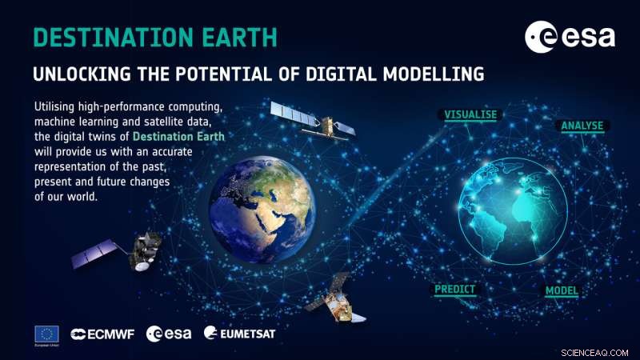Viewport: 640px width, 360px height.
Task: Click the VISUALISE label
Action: click(470, 114)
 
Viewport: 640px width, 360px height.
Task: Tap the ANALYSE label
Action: click(582, 126)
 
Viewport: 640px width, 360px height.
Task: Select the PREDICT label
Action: click(454, 289)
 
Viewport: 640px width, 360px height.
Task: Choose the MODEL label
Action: click(562, 290)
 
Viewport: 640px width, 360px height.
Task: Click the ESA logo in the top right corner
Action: click(569, 37)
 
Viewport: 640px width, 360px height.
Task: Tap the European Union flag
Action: click(46, 333)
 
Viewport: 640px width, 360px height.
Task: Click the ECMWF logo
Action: click(102, 333)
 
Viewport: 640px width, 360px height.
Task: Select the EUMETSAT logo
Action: click(239, 333)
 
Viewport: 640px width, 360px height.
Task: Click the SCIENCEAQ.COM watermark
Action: click(602, 350)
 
